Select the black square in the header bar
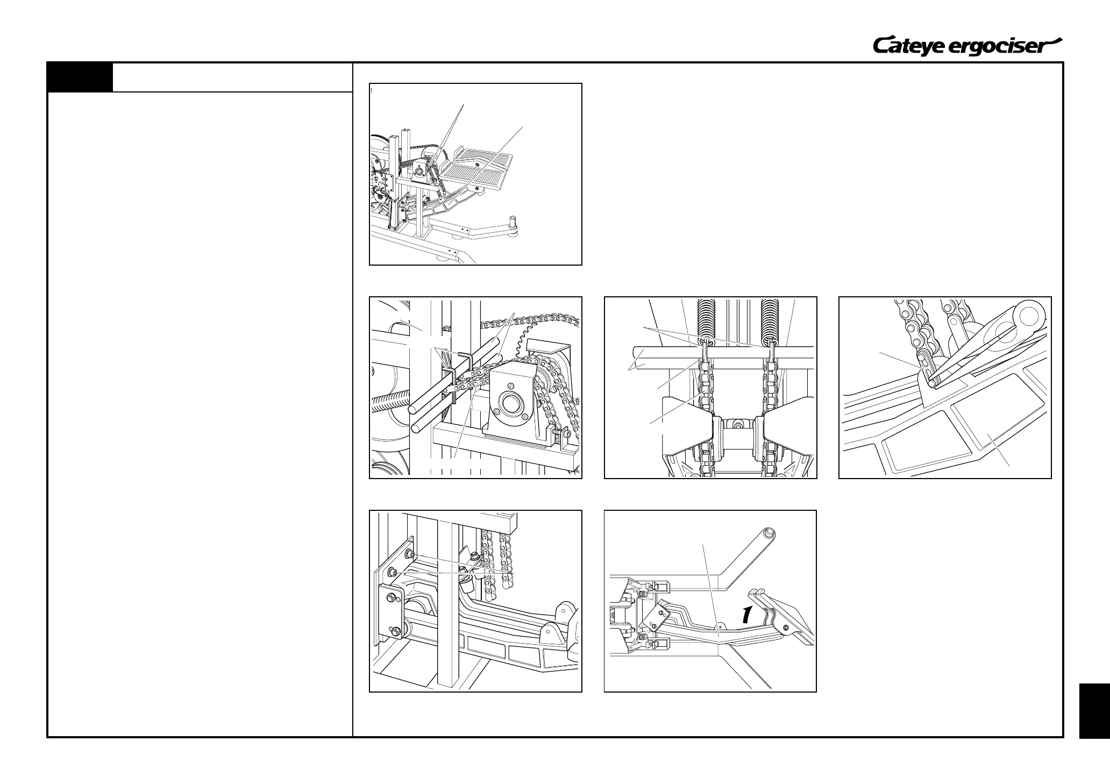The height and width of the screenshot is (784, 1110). pos(80,77)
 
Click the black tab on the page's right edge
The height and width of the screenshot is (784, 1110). pos(1094,710)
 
